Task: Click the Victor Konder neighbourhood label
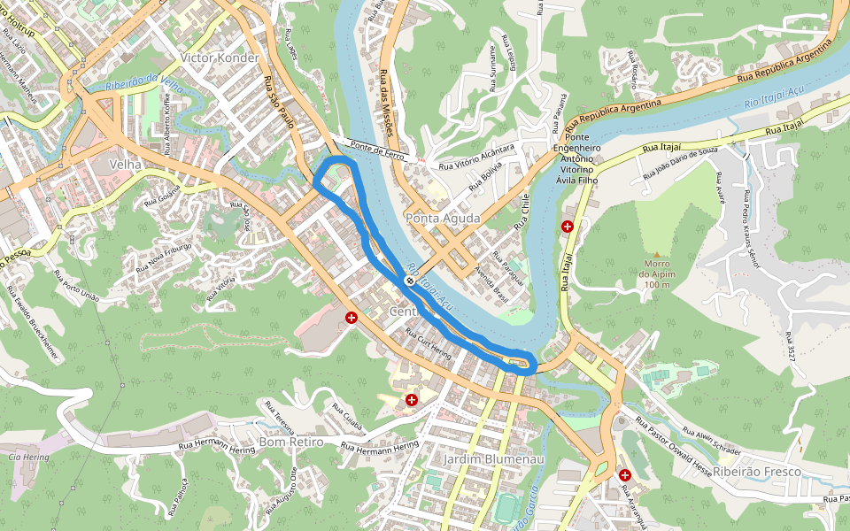pos(219,58)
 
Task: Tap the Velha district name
pos(125,165)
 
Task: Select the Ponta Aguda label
pos(443,218)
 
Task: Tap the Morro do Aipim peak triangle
pos(656,255)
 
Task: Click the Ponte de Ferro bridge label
pos(375,148)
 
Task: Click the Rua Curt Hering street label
pos(428,346)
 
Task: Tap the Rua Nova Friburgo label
pos(165,256)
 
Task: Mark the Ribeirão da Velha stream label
pos(143,82)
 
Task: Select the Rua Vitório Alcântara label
pos(476,157)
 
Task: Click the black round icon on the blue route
pos(410,281)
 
